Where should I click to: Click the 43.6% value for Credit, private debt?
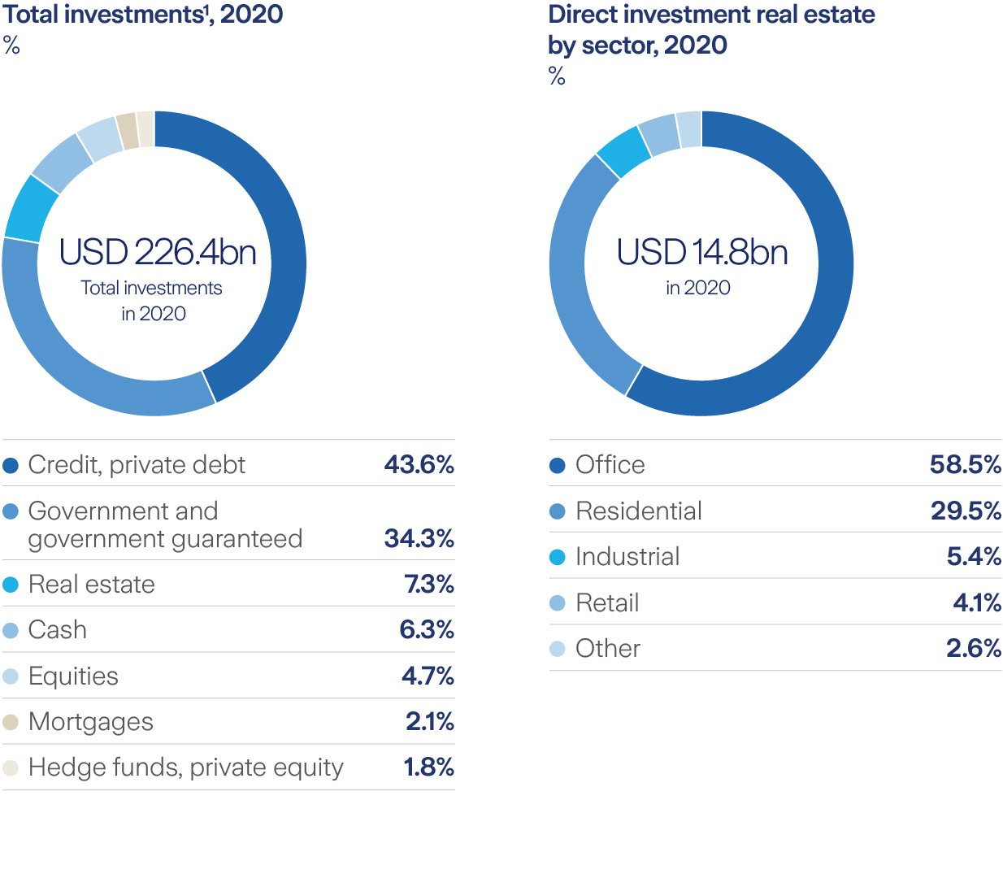pyautogui.click(x=419, y=465)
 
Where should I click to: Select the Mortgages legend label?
pyautogui.click(x=90, y=722)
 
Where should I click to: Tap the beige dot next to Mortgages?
pyautogui.click(x=11, y=722)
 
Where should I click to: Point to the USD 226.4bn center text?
pyautogui.click(x=158, y=252)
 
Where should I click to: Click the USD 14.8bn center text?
pyautogui.click(x=701, y=252)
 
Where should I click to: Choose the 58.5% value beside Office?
pyautogui.click(x=965, y=465)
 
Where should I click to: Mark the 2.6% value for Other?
pyautogui.click(x=973, y=649)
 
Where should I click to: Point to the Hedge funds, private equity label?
pyautogui.click(x=185, y=767)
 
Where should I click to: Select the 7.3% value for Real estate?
pyautogui.click(x=428, y=585)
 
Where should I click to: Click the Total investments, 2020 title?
pyautogui.click(x=143, y=15)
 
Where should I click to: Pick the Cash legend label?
pyautogui.click(x=57, y=630)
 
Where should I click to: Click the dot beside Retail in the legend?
pyautogui.click(x=558, y=603)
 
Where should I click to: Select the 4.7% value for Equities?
pyautogui.click(x=427, y=676)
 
